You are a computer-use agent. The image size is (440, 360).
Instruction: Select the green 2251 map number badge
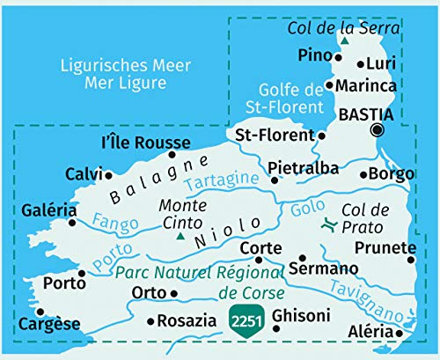pos(246,320)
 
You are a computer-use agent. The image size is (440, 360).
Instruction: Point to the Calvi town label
pos(84,174)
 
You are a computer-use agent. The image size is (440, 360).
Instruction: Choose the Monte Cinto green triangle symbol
pos(180,236)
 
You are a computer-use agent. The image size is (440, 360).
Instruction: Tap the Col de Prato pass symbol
pos(327,226)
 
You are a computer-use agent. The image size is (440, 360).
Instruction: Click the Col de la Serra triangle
pos(346,40)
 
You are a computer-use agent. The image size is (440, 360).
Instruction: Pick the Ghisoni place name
pos(301,315)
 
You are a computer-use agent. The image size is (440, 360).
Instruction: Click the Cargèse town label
pos(52,325)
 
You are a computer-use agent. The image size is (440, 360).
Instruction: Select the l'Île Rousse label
pos(146,143)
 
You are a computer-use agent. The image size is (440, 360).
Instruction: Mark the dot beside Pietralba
pos(274,180)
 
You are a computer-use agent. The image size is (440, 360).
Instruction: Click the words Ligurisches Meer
pos(109,65)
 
